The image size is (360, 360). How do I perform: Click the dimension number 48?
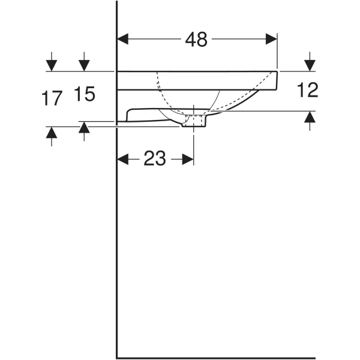click(x=196, y=40)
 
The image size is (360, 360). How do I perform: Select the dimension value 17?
click(x=52, y=98)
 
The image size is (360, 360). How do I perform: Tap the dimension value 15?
click(x=85, y=94)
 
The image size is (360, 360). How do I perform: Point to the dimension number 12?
click(x=307, y=90)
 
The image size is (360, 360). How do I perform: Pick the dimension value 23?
click(x=154, y=159)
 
